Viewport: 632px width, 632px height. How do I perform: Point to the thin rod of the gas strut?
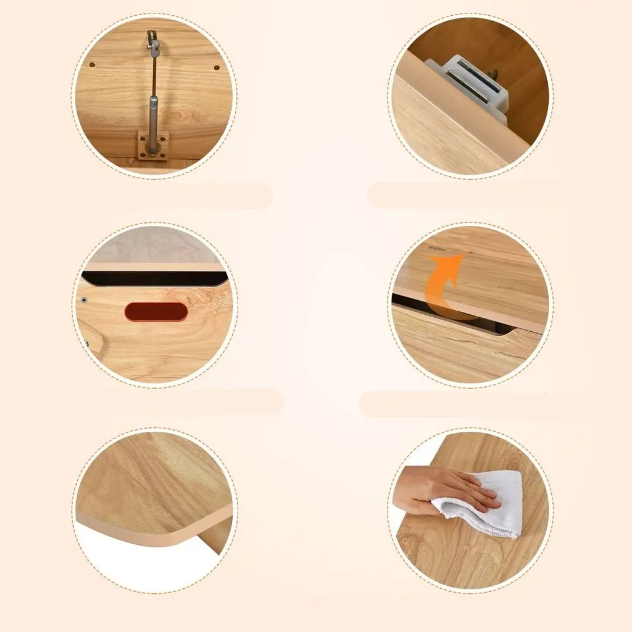point(153,76)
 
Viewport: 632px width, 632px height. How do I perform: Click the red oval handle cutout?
point(156,311)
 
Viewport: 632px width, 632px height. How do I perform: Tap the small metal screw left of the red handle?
point(84,300)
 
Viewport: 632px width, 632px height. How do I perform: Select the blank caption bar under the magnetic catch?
point(468,195)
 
